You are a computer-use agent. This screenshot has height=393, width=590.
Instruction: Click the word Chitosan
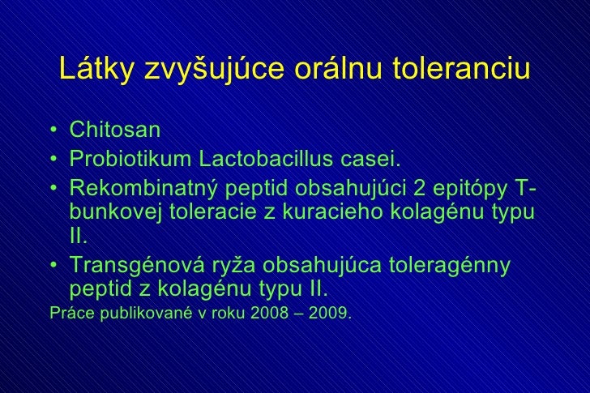click(x=115, y=130)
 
